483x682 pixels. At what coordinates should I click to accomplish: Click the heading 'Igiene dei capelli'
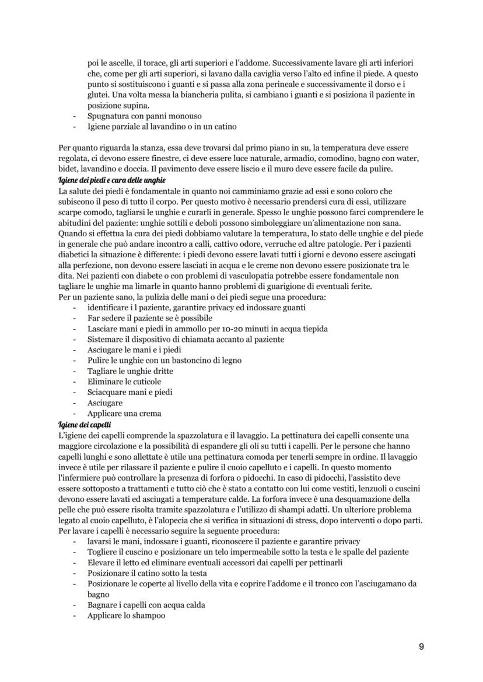83,424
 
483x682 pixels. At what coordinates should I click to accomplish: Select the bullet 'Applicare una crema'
124,414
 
